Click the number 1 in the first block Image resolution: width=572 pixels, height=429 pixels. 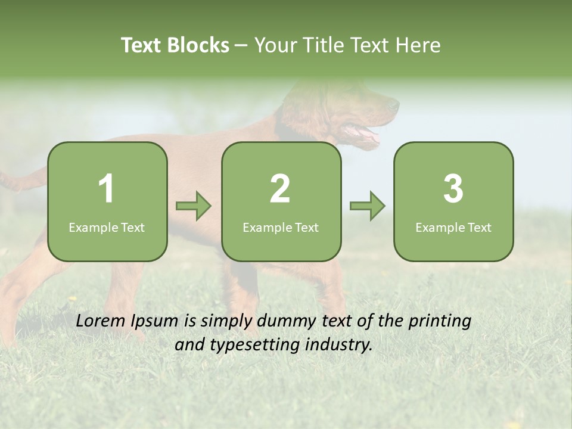pos(106,189)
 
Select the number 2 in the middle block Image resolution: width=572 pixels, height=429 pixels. pos(280,189)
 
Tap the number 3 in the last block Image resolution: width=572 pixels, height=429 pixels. pos(453,189)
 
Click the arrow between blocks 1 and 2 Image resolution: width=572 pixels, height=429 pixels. pos(194,206)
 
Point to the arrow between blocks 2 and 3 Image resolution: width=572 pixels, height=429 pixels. pos(367,206)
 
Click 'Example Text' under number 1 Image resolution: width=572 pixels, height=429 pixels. pos(107,228)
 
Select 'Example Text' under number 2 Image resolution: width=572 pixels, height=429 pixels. pos(281,228)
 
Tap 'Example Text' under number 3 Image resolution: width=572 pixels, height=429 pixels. pos(453,228)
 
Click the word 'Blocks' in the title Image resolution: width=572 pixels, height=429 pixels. pos(198,45)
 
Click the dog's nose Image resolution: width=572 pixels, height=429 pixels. pos(394,105)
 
